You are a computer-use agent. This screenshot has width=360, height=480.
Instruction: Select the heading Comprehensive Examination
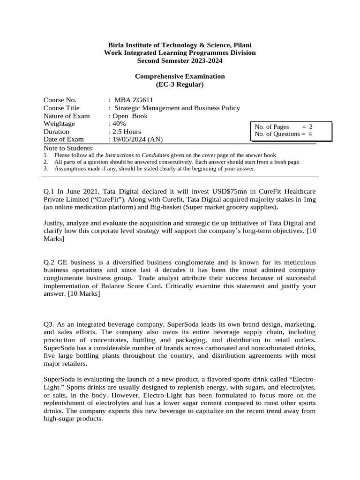coord(180,76)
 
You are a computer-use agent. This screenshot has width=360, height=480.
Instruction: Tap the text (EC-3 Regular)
coord(180,84)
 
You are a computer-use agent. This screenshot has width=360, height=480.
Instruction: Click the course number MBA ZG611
coord(134,100)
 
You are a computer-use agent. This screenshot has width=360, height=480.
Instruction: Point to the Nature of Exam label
coord(67,116)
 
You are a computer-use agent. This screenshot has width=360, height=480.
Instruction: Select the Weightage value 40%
coord(117,124)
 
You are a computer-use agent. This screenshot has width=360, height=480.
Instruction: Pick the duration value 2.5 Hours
coord(126,132)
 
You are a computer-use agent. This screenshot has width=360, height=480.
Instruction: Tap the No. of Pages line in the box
coord(283,127)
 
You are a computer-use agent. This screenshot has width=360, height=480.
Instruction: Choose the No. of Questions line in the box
coord(283,134)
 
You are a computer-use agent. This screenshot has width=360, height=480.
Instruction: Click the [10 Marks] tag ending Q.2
coord(83,294)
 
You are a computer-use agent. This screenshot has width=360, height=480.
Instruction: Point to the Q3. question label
coord(49,325)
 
